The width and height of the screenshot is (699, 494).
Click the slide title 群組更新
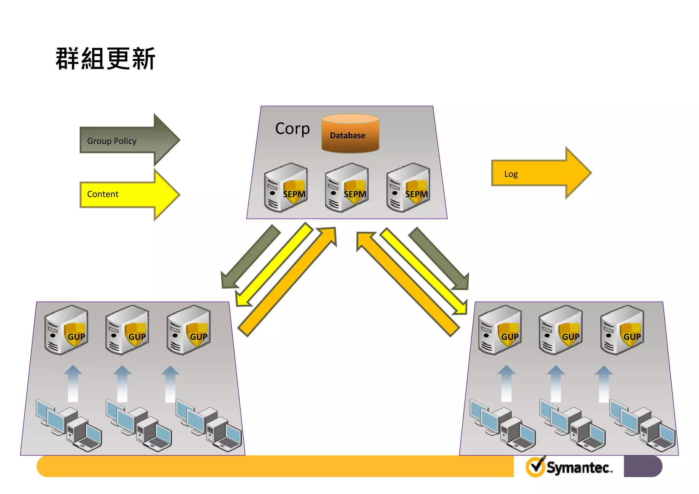(105, 59)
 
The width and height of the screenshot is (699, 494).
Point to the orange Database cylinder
(350, 134)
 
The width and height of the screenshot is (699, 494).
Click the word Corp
(292, 129)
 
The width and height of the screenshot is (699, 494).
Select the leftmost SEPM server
(286, 188)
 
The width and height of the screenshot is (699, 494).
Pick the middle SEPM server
(347, 188)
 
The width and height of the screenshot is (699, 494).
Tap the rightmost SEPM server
(408, 188)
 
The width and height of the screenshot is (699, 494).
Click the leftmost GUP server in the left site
(66, 330)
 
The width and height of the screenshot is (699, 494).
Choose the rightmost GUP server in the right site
(622, 330)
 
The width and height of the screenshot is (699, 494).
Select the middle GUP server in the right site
(560, 330)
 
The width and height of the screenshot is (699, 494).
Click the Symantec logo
(569, 467)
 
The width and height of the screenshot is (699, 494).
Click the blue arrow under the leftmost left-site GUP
(73, 384)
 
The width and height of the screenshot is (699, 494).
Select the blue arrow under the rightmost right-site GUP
(604, 384)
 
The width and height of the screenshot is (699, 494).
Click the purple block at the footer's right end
(642, 466)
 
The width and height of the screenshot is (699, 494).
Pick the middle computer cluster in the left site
(138, 425)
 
